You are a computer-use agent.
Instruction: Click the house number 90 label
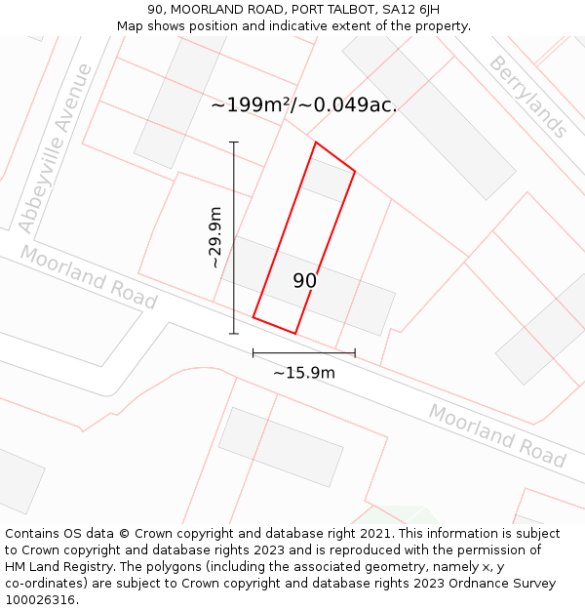(305, 281)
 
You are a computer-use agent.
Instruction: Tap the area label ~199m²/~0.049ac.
(304, 105)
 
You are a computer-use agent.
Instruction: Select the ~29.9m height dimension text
(215, 238)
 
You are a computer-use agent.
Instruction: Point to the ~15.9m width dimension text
(304, 373)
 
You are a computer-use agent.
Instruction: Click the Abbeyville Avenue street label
(56, 148)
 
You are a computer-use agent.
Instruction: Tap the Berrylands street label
(527, 96)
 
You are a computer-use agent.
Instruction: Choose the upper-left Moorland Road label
(89, 277)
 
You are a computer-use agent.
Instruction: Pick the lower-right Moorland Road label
(497, 435)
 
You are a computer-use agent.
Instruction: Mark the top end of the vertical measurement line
(233, 142)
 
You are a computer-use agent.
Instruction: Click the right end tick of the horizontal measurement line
(355, 352)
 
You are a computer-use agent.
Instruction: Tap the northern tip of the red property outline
(315, 142)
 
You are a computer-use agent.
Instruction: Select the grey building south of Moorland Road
(281, 447)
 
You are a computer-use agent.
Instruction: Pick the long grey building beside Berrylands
(429, 116)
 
